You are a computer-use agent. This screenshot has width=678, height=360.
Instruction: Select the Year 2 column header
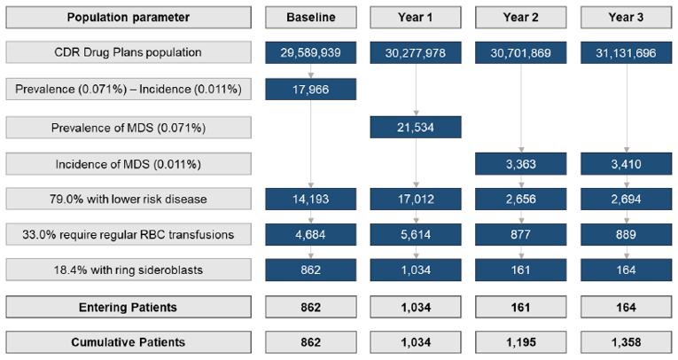point(520,17)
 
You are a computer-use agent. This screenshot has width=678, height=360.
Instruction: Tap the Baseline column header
point(310,17)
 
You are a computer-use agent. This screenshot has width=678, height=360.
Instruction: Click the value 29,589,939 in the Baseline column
point(310,52)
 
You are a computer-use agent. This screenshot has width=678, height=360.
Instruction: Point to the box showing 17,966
point(310,89)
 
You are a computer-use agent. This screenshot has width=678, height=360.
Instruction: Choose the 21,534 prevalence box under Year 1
point(416,127)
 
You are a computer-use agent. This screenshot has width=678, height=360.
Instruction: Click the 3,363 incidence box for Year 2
point(520,163)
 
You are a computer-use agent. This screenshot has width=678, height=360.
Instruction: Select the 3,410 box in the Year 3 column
point(626,163)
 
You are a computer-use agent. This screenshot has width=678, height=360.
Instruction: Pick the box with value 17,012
point(416,199)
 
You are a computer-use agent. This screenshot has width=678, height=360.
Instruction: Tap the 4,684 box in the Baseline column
point(310,235)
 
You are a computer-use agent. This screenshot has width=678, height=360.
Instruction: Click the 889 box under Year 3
point(626,235)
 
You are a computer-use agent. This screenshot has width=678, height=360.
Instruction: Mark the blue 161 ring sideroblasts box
point(520,270)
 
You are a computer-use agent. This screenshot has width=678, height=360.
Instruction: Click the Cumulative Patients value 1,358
point(626,341)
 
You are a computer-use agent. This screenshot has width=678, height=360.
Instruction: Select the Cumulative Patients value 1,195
point(520,341)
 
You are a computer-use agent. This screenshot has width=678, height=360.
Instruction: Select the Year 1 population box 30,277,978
point(416,52)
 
